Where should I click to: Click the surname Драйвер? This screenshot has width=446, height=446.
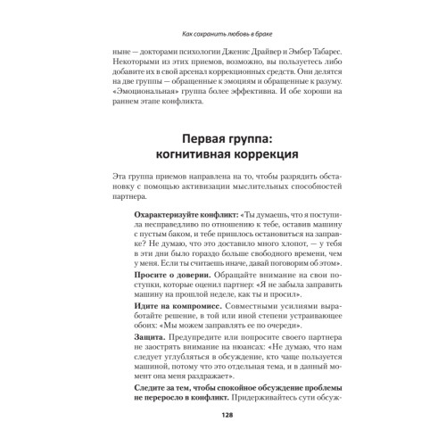point(253,54)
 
